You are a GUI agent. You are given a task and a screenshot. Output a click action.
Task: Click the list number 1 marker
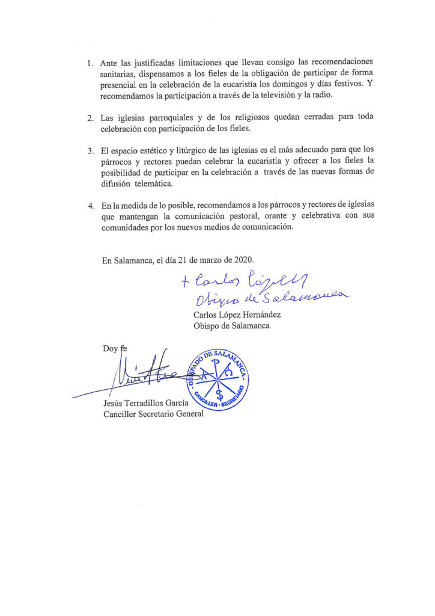point(90,63)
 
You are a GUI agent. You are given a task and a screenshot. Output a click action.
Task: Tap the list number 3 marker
point(90,150)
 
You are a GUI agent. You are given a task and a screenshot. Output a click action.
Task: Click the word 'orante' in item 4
point(282,217)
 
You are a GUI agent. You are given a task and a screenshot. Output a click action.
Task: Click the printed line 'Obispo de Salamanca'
point(231,325)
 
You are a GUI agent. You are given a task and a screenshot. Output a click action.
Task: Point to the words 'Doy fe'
point(114,348)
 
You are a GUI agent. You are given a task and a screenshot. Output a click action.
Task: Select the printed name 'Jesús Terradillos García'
point(147,402)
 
